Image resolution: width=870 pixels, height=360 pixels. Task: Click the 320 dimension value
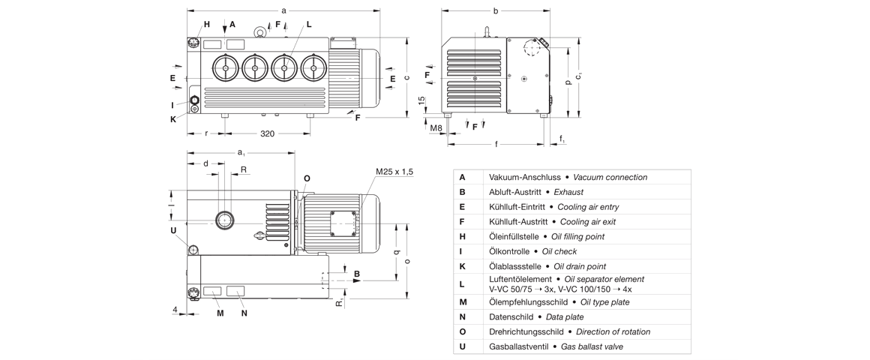(266, 133)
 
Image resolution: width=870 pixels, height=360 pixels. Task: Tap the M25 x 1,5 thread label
(394, 172)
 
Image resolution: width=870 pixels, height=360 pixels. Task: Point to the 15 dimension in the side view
(421, 100)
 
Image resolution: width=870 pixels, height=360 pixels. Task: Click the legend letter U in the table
(462, 346)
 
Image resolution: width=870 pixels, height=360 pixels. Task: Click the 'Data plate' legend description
(551, 317)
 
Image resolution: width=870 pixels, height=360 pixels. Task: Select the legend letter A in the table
(462, 177)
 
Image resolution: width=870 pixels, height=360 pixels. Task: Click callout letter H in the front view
(207, 24)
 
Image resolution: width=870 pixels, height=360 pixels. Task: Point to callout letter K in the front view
(172, 118)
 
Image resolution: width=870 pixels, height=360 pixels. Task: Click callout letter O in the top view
(307, 178)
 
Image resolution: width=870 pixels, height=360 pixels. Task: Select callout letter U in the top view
(172, 229)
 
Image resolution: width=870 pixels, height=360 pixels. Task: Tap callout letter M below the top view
(220, 313)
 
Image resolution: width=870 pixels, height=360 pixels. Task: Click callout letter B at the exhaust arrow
(357, 274)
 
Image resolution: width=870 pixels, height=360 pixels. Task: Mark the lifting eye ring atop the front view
(260, 31)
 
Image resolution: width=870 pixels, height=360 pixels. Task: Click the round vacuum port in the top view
(223, 220)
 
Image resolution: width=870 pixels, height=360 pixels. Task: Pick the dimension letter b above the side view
(496, 10)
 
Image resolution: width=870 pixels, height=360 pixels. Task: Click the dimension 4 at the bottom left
(174, 308)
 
